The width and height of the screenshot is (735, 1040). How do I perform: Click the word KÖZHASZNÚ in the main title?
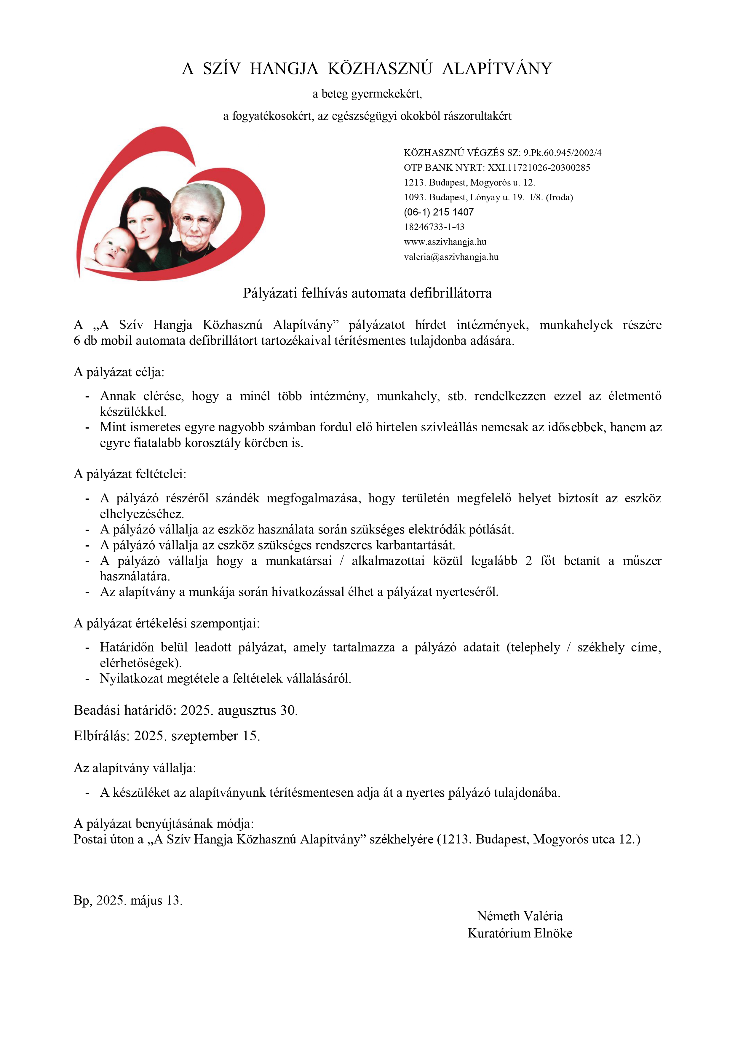coord(380,69)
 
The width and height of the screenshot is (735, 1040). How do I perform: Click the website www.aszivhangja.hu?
coord(445,242)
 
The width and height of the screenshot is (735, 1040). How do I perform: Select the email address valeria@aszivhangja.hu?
coord(451,257)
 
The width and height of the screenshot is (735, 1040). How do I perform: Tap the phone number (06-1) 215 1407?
coord(438,212)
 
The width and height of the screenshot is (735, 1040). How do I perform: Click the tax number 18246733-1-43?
coord(434,227)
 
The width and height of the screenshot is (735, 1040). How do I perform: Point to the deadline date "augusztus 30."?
coord(258,710)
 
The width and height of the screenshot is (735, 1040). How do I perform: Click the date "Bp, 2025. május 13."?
coord(128,900)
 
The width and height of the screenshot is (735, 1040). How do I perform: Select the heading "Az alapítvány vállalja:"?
coord(135,768)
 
